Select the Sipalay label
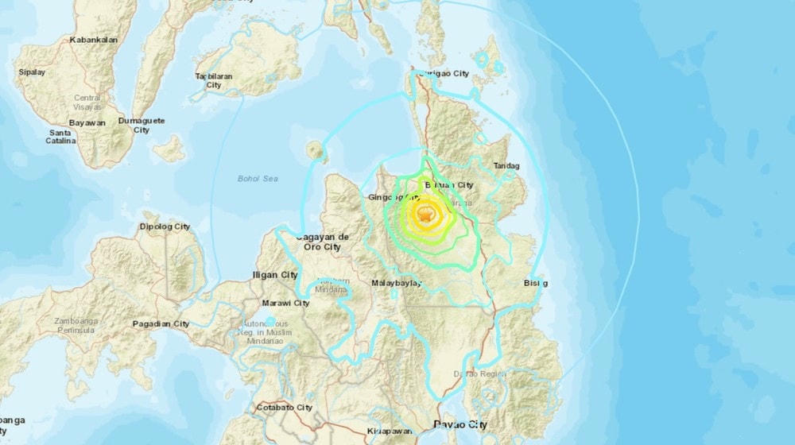(x=32, y=72)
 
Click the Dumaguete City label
(x=141, y=125)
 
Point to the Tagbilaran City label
(x=214, y=80)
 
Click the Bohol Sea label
(x=256, y=178)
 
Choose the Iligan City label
(x=273, y=275)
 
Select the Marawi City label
(x=285, y=303)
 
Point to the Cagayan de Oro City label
(x=322, y=242)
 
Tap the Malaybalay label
(x=395, y=283)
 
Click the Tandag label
(x=506, y=166)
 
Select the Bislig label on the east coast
(x=536, y=283)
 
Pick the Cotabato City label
(x=283, y=408)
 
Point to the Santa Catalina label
(x=61, y=137)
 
